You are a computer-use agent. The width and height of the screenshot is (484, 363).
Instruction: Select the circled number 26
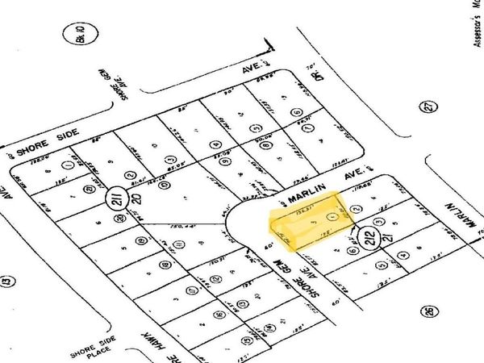click(x=427, y=311)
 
